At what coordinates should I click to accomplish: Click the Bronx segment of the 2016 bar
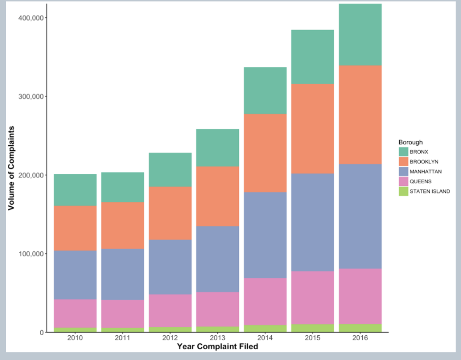360,35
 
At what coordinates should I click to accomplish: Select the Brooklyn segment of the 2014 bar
265,153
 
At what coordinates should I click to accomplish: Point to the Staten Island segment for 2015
313,328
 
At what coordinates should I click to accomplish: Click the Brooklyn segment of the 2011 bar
123,225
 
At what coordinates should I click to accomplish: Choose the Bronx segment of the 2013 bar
218,148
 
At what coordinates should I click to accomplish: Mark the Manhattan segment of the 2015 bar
313,222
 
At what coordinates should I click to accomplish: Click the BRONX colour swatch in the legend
403,152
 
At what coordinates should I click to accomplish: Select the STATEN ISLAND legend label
430,192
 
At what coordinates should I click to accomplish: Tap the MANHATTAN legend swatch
403,172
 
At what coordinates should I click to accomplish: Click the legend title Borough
410,142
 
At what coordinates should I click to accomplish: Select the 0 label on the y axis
41,332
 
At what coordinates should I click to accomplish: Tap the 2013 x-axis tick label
218,338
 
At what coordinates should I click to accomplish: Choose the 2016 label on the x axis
360,338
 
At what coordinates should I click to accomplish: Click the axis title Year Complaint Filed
218,347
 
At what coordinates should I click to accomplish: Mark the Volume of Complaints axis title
12,168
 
